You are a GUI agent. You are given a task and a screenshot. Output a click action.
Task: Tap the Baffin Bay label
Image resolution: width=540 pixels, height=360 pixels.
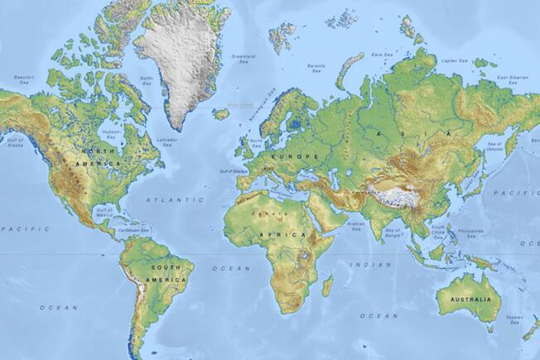[147, 80]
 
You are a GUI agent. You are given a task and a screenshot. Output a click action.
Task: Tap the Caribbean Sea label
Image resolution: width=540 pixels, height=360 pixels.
[133, 231]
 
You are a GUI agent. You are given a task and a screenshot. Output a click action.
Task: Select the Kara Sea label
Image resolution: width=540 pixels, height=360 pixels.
[380, 55]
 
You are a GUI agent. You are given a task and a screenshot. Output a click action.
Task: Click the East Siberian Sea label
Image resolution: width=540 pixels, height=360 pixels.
[513, 79]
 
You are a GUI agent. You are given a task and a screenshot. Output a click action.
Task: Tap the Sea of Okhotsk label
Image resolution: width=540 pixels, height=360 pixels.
[494, 146]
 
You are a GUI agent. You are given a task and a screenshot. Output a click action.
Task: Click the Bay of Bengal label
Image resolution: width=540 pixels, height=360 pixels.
[393, 231]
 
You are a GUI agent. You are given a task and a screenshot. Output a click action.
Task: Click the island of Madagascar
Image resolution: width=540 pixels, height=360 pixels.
[328, 286]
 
